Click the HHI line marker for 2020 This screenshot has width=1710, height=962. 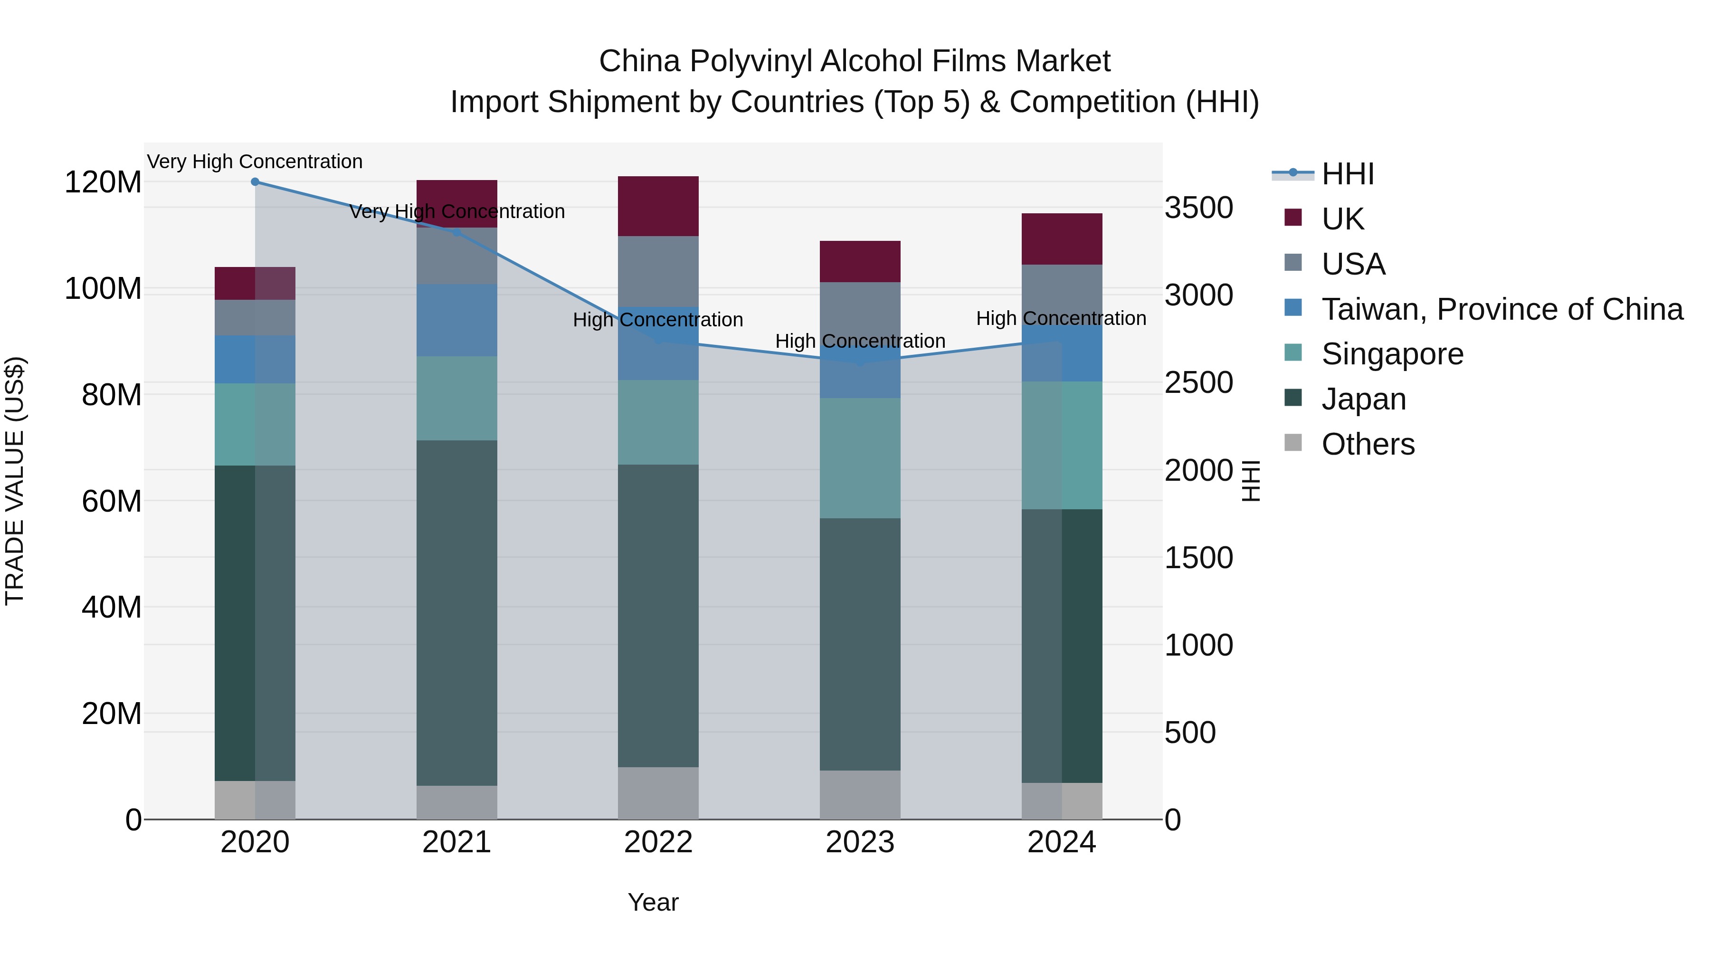255,182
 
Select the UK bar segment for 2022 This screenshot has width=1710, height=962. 658,206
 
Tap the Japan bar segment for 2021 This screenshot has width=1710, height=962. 456,612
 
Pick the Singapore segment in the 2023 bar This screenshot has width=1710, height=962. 860,458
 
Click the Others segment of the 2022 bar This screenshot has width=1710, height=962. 658,793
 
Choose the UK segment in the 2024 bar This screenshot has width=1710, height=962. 1062,239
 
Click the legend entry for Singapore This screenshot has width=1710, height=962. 1392,354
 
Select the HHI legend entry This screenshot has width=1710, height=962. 1347,174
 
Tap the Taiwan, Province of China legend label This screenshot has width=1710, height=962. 1501,309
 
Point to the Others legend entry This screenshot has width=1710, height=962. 1368,444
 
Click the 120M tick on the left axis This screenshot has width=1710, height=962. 103,182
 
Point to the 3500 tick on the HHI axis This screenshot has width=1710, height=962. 1199,208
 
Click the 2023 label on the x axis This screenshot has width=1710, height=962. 860,842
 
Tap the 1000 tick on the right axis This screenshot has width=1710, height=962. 1199,645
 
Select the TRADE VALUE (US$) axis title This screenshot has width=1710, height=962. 15,481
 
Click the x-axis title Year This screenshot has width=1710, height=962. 653,902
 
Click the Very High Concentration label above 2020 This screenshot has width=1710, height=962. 255,162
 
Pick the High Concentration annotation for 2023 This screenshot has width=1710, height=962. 860,341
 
